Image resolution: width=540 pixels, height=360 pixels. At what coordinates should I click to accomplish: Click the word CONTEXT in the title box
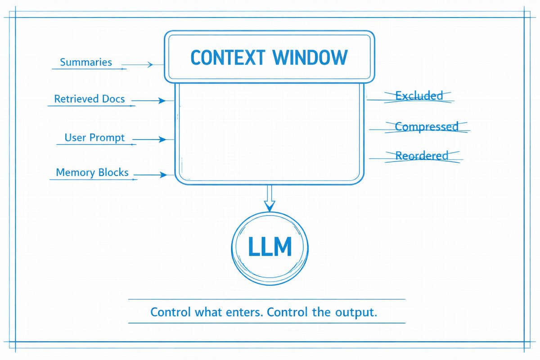click(x=228, y=58)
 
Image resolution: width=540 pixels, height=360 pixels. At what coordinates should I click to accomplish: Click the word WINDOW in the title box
click(x=310, y=58)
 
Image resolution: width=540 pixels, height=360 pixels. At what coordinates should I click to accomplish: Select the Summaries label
click(x=86, y=62)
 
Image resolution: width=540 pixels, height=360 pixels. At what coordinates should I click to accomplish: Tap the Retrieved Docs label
click(x=90, y=99)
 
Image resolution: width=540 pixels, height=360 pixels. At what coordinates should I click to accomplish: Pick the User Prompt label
click(x=94, y=138)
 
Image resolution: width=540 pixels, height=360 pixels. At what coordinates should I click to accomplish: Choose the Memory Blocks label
click(x=92, y=172)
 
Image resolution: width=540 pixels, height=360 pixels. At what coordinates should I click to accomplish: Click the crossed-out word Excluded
click(x=419, y=96)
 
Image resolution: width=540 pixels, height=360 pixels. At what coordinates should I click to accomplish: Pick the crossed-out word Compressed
click(x=427, y=127)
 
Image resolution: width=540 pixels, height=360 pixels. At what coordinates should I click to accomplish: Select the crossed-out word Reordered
click(x=422, y=156)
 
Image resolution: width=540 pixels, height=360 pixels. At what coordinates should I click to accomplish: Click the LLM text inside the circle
click(x=270, y=246)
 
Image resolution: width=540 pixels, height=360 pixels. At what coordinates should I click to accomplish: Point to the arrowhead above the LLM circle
click(x=270, y=206)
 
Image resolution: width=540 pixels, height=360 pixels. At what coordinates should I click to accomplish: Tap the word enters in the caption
click(x=244, y=312)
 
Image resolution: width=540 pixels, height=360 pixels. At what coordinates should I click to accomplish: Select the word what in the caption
click(x=208, y=312)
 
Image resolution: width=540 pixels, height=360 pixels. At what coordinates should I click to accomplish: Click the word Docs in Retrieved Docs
click(x=113, y=99)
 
